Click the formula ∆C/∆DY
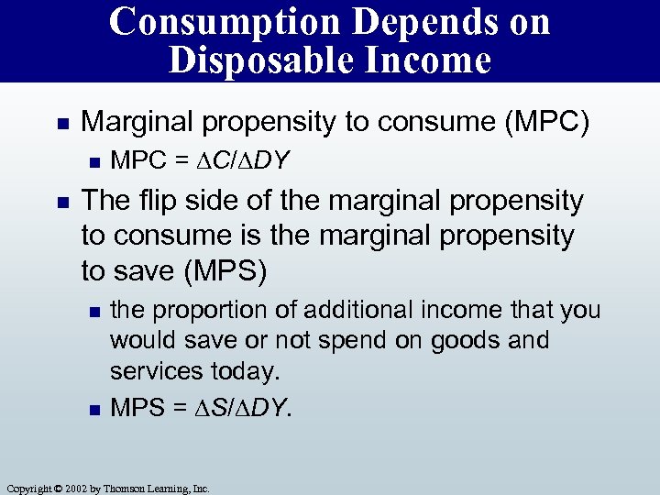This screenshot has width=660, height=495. (236, 161)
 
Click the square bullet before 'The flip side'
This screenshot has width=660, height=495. (60, 202)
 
